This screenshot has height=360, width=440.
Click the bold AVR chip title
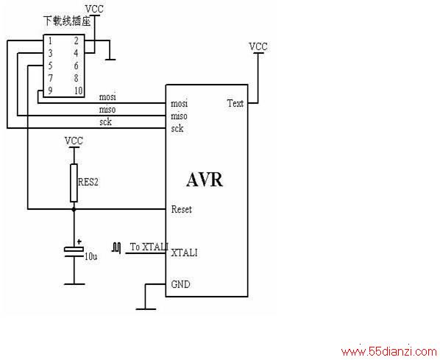(x=205, y=180)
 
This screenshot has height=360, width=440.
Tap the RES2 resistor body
(x=74, y=183)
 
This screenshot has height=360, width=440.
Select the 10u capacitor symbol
(x=74, y=252)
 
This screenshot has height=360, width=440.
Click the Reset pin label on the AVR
(x=182, y=209)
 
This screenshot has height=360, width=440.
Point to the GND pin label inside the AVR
(x=181, y=284)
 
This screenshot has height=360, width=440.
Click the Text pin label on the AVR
(x=235, y=103)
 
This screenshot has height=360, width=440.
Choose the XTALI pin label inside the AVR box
(x=184, y=253)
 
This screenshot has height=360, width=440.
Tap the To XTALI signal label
(x=149, y=247)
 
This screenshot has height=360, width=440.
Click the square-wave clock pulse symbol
(x=116, y=247)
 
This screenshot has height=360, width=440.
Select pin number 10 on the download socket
(x=78, y=91)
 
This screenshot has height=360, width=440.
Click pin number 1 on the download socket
(x=50, y=41)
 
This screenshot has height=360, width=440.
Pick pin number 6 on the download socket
(x=76, y=66)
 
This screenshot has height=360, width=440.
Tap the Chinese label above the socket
(x=67, y=21)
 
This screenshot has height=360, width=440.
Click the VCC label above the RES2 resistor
(x=74, y=141)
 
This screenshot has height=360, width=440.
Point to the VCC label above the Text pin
(x=258, y=46)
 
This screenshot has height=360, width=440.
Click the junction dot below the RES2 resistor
(x=74, y=209)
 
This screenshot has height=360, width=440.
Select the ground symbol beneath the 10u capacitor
(x=74, y=284)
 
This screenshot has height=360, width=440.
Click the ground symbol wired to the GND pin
(x=146, y=309)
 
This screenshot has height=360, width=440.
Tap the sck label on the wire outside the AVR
(x=105, y=122)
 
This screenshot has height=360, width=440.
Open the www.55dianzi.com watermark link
(x=389, y=351)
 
